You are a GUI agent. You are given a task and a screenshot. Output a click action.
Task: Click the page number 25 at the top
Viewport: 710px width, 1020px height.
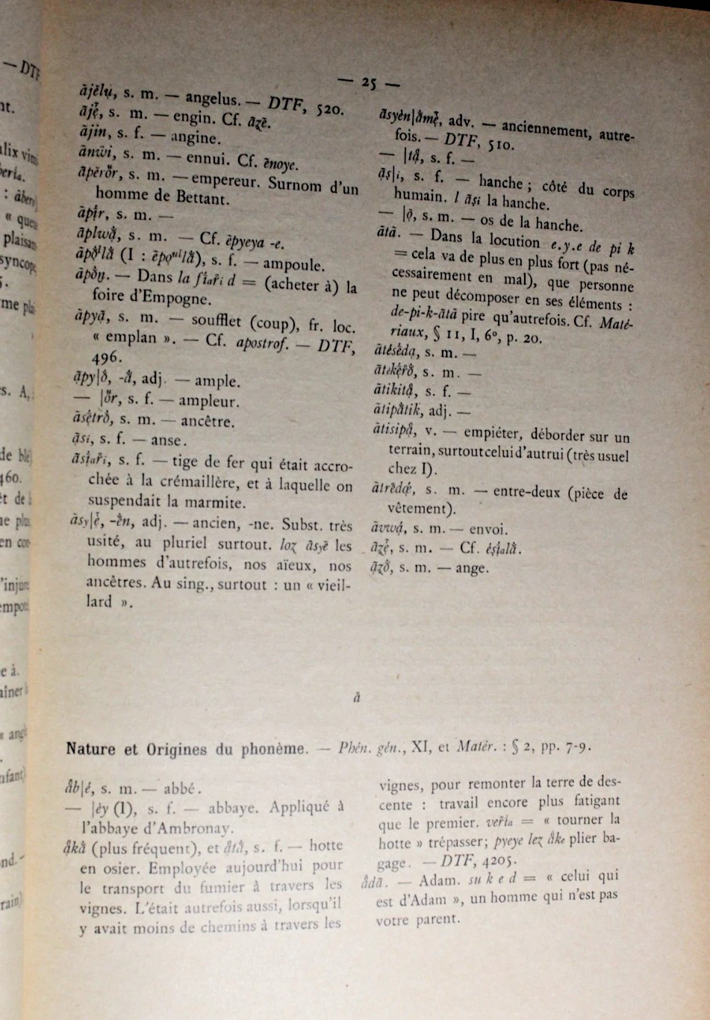(368, 84)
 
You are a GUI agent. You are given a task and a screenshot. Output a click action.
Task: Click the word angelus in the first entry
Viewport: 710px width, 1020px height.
(211, 97)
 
